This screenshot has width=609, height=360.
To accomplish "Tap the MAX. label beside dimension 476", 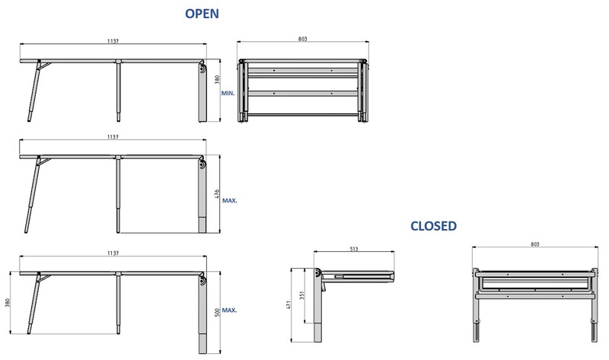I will (x=230, y=201).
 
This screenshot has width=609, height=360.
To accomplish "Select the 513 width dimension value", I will (x=354, y=248).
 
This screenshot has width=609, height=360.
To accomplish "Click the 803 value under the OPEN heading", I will (x=303, y=38).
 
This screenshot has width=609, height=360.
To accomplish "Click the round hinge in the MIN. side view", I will (x=201, y=69).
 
